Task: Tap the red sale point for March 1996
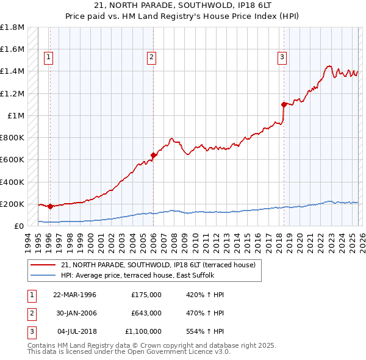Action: pos(50,207)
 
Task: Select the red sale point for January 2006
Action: pos(153,155)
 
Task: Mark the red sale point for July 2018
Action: pos(284,104)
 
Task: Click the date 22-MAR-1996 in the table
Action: pos(74,295)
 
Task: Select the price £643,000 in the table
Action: pos(146,313)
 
